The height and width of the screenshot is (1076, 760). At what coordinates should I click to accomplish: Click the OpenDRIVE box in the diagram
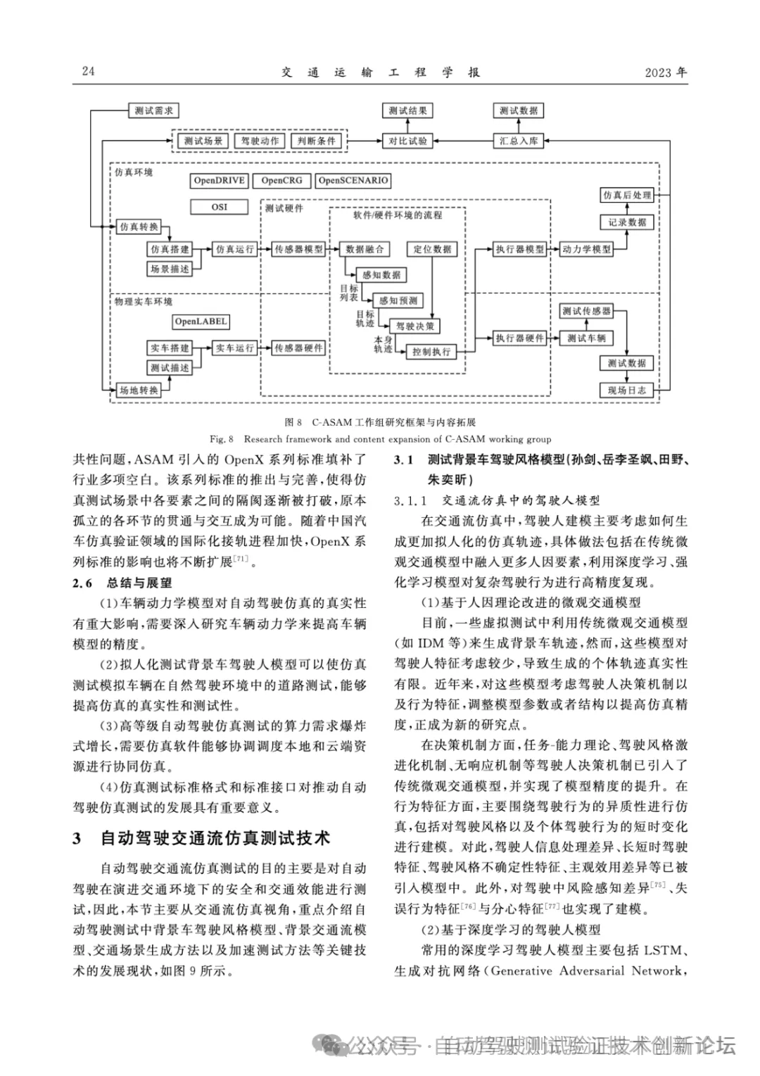pos(219,181)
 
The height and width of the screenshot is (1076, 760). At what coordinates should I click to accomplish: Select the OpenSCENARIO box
pos(353,181)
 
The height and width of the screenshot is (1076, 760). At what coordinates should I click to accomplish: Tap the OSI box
pos(219,207)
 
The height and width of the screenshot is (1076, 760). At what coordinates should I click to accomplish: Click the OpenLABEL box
pos(201,322)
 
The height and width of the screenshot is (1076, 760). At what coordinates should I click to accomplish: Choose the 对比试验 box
pos(408,141)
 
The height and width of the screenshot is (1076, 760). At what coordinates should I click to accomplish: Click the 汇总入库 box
pos(519,141)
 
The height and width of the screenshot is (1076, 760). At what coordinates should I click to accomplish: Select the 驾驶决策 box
pos(415,327)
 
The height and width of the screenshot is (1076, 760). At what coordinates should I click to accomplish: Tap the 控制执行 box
pos(431,351)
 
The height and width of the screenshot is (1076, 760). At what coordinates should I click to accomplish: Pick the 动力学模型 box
pos(586,249)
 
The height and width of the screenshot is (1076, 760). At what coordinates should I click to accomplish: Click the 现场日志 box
pos(627,390)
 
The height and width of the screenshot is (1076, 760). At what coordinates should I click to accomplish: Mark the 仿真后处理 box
pos(627,195)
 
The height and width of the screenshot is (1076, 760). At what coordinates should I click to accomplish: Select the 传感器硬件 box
pos(299,348)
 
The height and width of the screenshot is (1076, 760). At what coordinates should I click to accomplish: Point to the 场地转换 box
pos(139,390)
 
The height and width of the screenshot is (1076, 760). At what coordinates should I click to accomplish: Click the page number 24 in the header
pos(88,71)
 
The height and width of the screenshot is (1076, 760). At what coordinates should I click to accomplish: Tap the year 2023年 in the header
pos(666,72)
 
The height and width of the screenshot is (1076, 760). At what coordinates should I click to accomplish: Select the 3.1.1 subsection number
pos(411,500)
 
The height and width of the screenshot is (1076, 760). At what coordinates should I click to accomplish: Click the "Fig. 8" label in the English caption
pos(222,439)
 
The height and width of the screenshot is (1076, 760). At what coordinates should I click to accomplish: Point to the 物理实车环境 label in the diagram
pos(144,301)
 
